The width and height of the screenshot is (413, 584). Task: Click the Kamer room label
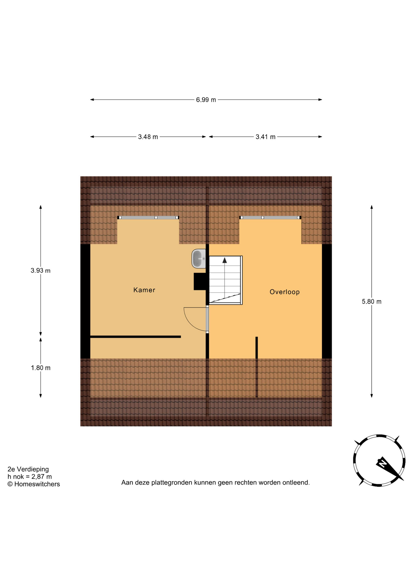point(144,290)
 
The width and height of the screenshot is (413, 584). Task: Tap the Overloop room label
point(285,292)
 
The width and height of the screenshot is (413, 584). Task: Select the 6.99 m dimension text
point(206,100)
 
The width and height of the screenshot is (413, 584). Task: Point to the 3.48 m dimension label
point(148,137)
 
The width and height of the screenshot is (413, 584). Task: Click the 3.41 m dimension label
point(265,137)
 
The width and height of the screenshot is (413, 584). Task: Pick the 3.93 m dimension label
point(40,270)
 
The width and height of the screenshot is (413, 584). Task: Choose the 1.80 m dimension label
point(40,368)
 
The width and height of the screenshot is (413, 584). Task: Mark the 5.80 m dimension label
point(371,301)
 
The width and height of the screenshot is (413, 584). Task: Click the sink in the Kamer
point(199,259)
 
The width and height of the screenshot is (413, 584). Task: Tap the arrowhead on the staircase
point(224,260)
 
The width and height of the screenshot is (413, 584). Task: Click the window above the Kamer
point(148,217)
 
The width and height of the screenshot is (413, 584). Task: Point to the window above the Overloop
point(270,217)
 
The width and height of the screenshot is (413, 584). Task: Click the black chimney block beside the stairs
point(200,281)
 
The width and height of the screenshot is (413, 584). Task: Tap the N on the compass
point(383,464)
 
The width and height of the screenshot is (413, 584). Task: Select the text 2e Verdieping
point(28,469)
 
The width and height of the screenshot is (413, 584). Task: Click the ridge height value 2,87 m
point(42,477)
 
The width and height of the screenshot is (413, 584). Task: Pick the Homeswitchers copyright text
point(34,484)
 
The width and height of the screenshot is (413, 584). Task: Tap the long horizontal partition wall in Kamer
point(136,337)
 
